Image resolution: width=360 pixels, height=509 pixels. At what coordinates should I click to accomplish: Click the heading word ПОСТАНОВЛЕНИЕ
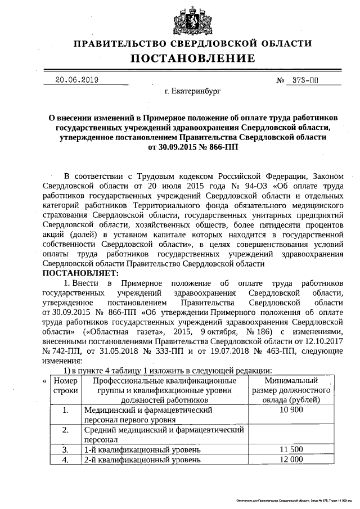coord(193,58)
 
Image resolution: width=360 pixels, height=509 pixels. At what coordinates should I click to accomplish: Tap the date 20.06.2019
coord(77,80)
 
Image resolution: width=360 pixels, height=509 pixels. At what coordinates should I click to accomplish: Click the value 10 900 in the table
coord(291,410)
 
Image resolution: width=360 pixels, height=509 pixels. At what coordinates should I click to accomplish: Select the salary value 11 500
coord(291,449)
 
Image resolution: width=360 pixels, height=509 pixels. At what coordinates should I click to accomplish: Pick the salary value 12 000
coord(291,460)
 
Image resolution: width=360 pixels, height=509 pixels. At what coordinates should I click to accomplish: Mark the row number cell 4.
coord(65,460)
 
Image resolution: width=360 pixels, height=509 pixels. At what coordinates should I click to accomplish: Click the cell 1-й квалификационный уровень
coord(142,449)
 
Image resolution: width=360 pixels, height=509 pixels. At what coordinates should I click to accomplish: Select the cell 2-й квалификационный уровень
coord(142,460)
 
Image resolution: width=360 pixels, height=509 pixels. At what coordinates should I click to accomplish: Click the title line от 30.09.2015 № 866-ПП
coord(193,147)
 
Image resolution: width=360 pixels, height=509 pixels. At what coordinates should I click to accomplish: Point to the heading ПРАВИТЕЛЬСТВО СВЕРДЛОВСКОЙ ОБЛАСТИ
coord(193,44)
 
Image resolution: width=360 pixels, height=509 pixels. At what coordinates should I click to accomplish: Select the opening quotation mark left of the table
coord(44,381)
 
